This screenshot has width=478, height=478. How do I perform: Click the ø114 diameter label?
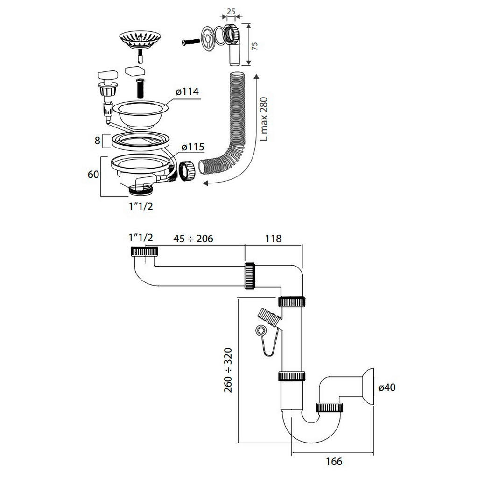pos(187,91)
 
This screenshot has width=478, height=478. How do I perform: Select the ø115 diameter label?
pos(193,147)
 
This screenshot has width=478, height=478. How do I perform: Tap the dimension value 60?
pos(93,175)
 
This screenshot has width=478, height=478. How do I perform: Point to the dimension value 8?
pos(97,141)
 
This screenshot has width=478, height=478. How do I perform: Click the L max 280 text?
pos(264,119)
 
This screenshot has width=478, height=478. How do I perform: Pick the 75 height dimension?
pos(254,46)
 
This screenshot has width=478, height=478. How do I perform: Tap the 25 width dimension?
pos(231,12)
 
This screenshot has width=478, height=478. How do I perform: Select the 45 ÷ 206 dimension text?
pos(193,239)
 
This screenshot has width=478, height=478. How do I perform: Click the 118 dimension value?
pos(273,239)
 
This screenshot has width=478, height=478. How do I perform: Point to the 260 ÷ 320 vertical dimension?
pos(228,370)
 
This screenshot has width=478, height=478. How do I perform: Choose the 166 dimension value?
pos(334,461)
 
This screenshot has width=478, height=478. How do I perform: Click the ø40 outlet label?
pos(387,387)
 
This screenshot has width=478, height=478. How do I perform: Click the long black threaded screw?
pos(140,88)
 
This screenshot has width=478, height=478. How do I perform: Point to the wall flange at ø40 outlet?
pos(366,387)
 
